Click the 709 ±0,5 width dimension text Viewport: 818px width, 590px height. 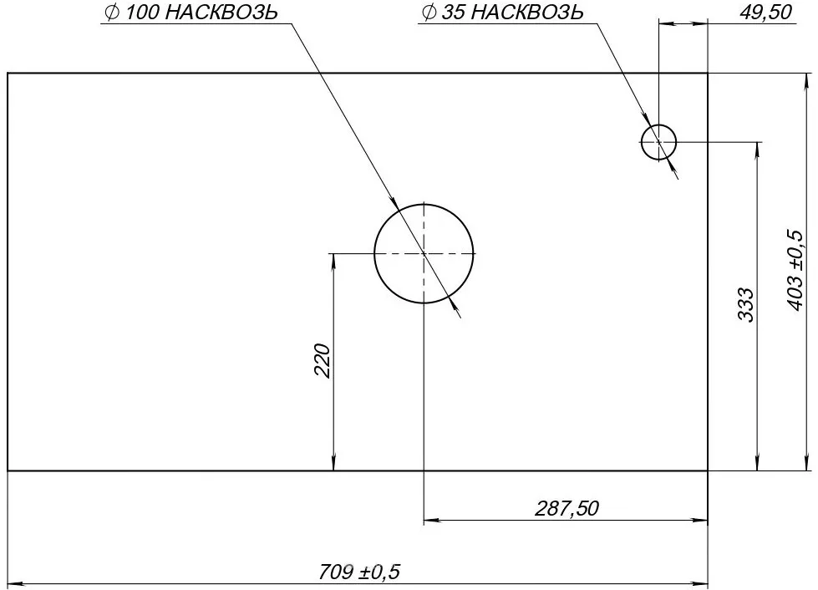coord(359,572)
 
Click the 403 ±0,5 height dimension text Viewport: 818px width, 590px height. coord(796,270)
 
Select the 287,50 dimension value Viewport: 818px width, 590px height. coord(567,508)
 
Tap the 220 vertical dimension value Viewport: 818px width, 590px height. coord(323,360)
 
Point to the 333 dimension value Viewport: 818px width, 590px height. coord(746,305)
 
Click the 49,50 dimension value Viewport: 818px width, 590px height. coord(765,12)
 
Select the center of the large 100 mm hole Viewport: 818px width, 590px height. coord(424,253)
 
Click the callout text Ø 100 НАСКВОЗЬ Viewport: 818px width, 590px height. coord(191,13)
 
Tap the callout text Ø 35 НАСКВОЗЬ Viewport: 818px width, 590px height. coord(502,13)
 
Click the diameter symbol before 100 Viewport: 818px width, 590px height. coord(111,13)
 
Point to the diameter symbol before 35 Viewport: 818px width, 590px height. coord(429,13)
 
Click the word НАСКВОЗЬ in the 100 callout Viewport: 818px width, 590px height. coord(221,13)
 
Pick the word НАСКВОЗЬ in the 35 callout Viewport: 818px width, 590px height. coord(527,13)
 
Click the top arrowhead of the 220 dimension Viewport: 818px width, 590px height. coord(333,261)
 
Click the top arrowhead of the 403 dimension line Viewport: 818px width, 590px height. coord(808,80)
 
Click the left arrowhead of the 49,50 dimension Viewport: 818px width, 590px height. coord(666,23)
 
